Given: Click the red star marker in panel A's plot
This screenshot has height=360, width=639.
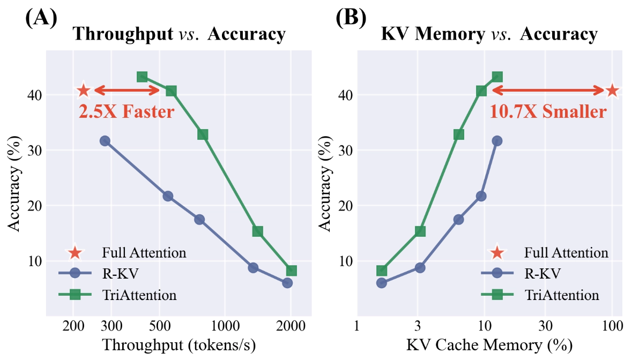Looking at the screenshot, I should (84, 91).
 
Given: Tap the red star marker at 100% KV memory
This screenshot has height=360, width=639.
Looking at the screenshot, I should (612, 91).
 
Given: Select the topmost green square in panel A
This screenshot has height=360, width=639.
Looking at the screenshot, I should (142, 77).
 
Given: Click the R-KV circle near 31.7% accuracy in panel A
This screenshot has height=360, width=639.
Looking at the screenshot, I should (105, 141).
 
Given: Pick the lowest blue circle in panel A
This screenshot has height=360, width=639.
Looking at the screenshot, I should (287, 283).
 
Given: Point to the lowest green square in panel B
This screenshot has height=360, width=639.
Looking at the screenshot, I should (382, 271).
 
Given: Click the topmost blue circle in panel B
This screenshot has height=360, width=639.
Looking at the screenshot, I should (497, 141).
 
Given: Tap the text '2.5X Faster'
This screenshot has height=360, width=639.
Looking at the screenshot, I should (127, 112).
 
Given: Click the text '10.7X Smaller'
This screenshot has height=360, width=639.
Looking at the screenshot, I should (548, 112).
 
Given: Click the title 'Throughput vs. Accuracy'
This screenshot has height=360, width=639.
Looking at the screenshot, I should (179, 34).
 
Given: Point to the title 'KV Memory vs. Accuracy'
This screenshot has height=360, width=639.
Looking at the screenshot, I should (489, 34).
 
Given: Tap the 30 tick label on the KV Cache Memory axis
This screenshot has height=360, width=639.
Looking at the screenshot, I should (545, 326).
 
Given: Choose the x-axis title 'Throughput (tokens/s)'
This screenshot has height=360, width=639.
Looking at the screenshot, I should (179, 343).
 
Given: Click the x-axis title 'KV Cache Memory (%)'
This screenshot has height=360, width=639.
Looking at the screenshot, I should (488, 343).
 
